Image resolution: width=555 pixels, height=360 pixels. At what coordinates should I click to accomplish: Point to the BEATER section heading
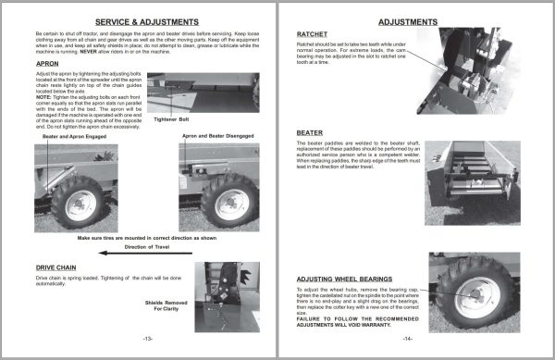click(x=310, y=132)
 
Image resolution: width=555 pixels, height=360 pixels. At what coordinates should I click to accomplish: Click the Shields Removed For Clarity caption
click(x=166, y=304)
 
